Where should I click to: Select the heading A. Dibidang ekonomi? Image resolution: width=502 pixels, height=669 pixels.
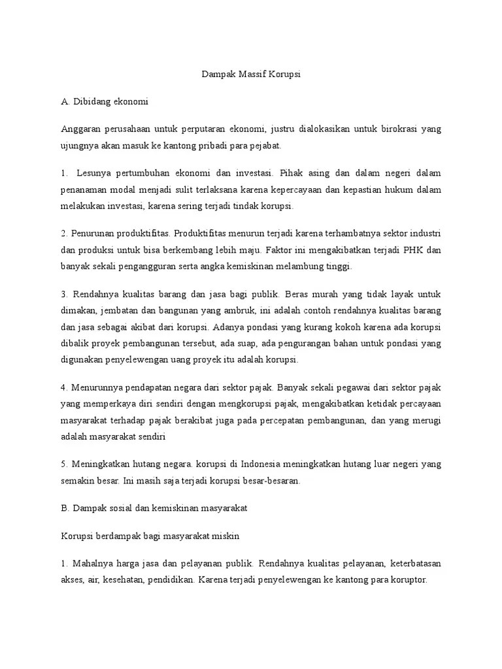105,102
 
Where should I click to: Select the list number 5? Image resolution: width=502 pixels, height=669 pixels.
63,465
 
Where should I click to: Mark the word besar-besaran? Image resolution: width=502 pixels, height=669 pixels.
268,480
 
